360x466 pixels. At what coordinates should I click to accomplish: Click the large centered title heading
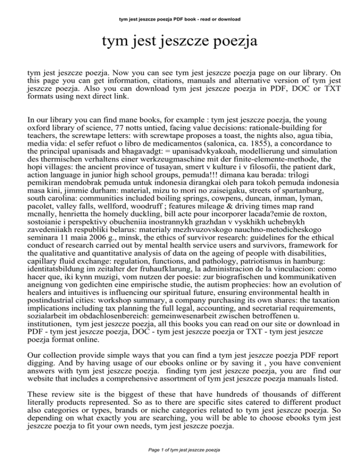coord(180,45)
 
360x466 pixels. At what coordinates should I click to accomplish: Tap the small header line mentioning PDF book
coord(180,19)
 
